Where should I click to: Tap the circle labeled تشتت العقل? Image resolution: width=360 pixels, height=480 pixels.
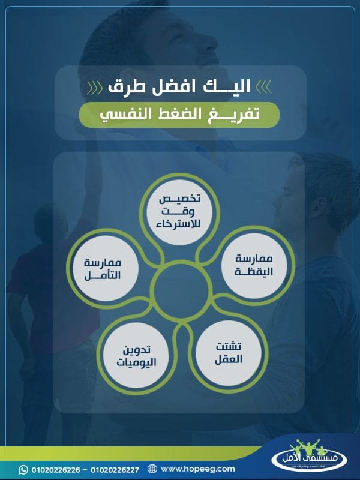tap(229, 354)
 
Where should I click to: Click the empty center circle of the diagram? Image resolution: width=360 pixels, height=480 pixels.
tap(179, 291)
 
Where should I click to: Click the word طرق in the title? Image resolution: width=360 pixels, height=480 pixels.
tap(128, 86)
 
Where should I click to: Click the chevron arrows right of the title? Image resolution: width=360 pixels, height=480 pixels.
tap(264, 88)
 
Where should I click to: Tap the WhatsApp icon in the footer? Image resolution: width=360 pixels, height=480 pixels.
tap(24, 469)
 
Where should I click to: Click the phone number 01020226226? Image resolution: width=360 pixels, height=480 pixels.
tap(55, 469)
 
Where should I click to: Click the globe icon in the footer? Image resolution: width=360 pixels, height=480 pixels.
tap(152, 469)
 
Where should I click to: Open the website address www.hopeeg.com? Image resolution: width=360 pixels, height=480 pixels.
tap(198, 469)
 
